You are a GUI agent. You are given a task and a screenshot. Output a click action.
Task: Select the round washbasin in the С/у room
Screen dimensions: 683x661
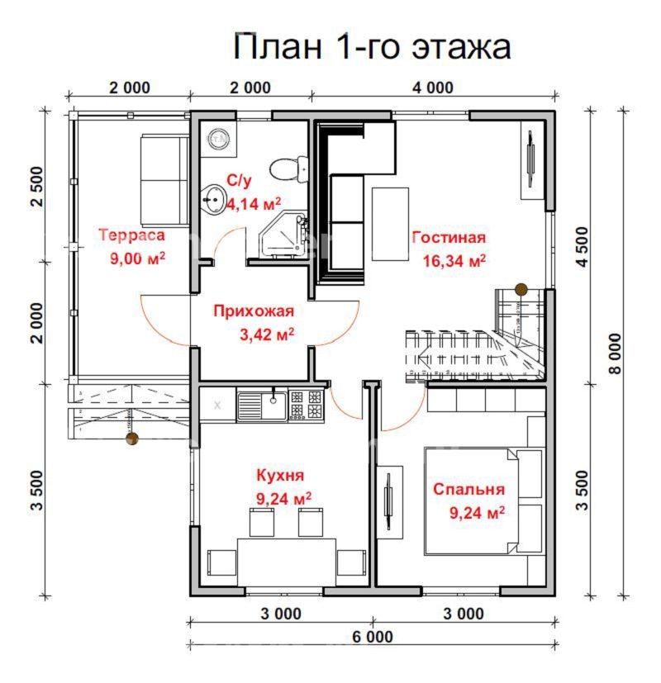click(x=214, y=198)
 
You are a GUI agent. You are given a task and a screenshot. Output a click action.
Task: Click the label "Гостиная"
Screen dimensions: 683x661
click(x=449, y=238)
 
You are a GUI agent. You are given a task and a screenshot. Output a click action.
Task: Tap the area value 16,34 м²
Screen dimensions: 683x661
click(x=454, y=261)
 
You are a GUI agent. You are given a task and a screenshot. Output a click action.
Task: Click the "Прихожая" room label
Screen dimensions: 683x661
click(x=253, y=311)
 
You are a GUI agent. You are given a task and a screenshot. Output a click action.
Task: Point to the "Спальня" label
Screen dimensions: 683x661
click(x=468, y=489)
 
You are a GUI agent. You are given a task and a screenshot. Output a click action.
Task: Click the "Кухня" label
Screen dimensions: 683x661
click(x=280, y=476)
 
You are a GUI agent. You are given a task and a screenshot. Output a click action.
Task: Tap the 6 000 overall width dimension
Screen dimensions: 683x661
click(x=373, y=637)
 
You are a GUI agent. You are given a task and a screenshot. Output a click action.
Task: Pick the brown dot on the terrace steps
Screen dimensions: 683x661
click(x=131, y=439)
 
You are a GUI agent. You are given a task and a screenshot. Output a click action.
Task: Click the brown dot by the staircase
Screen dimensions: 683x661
click(x=521, y=288)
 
